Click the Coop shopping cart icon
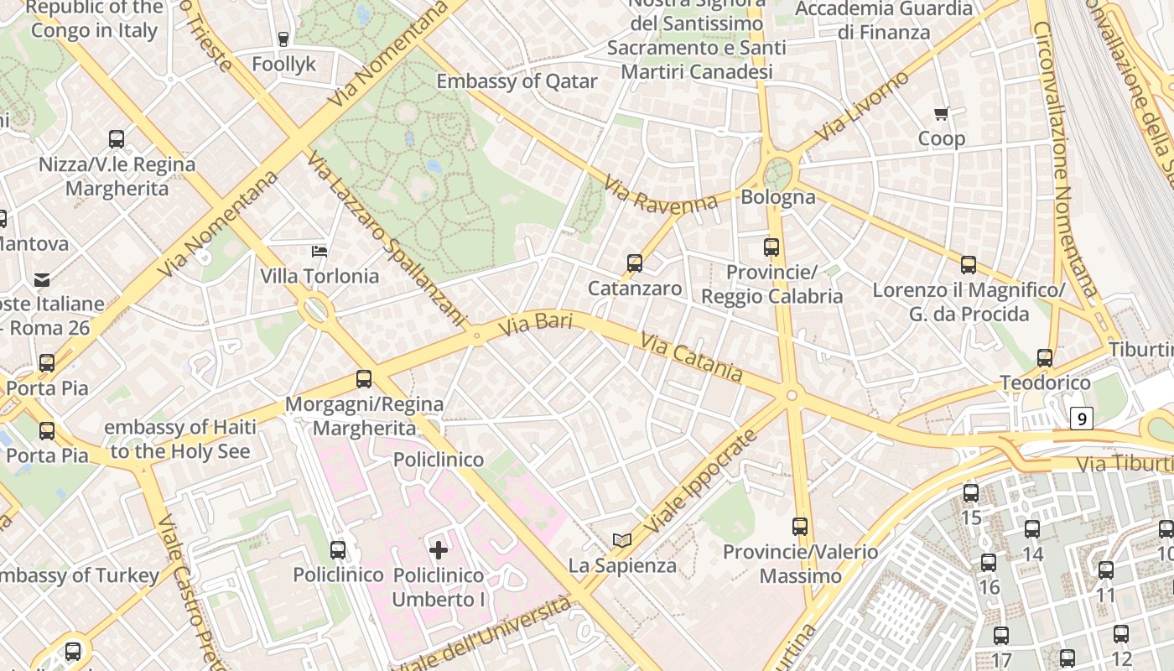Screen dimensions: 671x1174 pos(941,114)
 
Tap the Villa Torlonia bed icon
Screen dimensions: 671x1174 pos(319,251)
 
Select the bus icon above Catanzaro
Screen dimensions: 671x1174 pos(635,263)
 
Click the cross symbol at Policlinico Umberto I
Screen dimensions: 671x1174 pos(438,550)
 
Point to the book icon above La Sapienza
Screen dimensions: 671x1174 pos(621,541)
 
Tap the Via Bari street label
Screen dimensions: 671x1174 pos(535,325)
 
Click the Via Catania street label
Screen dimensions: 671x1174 pos(692,356)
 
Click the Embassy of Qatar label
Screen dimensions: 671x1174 pos(517,81)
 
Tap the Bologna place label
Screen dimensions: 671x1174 pos(778,197)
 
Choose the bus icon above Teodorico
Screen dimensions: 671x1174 pos(1045,358)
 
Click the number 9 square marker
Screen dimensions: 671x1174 pos(1083,418)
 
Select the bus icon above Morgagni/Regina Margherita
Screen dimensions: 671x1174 pos(363,379)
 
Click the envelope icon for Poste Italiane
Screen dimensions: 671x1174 pos(42,279)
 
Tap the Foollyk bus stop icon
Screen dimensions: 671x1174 pos(283,39)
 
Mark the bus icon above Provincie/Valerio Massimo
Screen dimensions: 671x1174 pos(800,527)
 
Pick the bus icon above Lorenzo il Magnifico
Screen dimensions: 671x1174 pos(969,265)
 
